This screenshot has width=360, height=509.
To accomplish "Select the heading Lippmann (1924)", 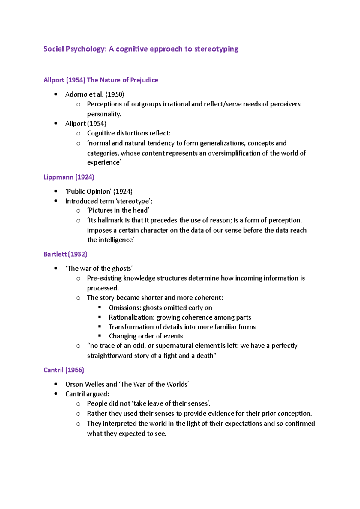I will click(69, 177).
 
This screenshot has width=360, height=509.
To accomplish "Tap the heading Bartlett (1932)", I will click(65, 254).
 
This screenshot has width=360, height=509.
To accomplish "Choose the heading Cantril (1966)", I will click(64, 370).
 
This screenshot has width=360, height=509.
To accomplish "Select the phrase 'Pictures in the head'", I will click(118, 210).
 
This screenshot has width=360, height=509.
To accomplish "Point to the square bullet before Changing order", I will click(100, 336).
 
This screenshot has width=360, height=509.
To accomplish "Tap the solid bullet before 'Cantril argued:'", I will click(56, 394).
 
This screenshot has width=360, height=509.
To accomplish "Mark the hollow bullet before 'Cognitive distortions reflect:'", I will click(78, 133).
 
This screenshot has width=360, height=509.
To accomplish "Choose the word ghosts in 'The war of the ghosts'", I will click(121, 269).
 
